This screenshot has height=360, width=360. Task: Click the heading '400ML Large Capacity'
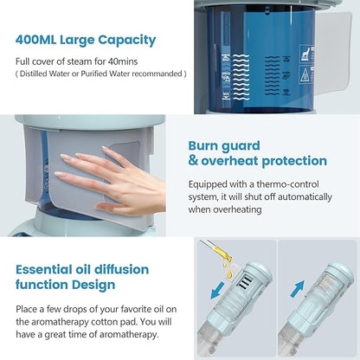[x=85, y=40]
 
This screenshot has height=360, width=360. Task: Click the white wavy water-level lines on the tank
[x=250, y=69]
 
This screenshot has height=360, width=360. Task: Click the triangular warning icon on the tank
[x=305, y=75]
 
